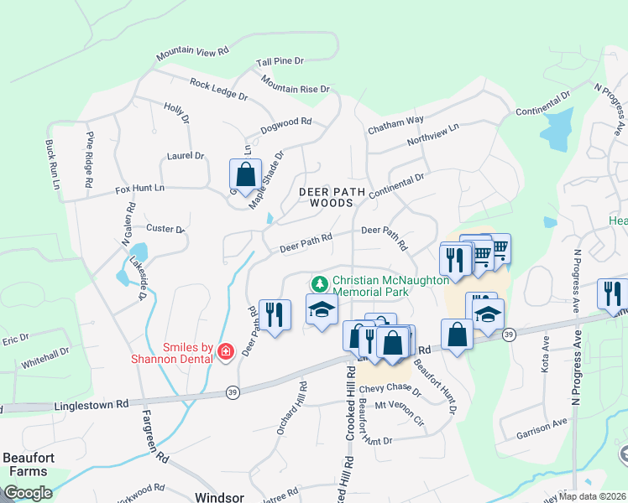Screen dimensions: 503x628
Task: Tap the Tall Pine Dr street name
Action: [280, 62]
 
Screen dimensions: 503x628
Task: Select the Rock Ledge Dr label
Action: [218, 90]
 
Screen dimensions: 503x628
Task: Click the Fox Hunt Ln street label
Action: [139, 189]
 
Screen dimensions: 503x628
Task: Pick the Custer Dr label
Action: [165, 228]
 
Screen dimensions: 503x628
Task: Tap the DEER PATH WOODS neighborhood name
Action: [332, 197]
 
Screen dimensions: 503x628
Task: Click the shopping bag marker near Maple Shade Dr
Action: [245, 176]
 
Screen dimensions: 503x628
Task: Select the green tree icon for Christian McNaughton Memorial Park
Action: [320, 283]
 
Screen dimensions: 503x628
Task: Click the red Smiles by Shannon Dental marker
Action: [225, 351]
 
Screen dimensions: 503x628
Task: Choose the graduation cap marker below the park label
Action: [322, 311]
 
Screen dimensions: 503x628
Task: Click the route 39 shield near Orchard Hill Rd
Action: [233, 392]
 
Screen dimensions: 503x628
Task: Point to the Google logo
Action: [28, 493]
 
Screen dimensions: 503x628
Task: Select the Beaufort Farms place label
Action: [28, 464]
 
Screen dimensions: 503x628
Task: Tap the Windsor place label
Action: [219, 497]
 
